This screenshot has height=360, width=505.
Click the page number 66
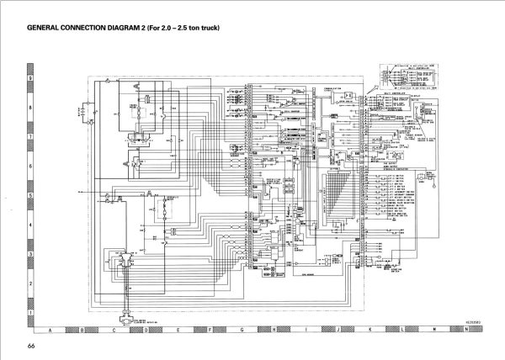pos(30,347)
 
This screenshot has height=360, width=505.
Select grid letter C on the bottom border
pos(114,330)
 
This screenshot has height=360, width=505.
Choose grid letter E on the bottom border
pos(178,330)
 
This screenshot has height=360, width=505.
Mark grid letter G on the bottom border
pos(242,330)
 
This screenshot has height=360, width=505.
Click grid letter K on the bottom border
pos(369,330)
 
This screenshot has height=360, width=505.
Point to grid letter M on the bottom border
pos(433,330)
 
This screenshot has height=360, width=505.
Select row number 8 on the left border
pos(30,107)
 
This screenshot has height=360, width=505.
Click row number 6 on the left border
pos(30,166)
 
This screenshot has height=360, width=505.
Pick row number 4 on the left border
pos(30,225)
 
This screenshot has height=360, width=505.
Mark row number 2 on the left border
pos(30,283)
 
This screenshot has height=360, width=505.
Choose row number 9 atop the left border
pos(30,77)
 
